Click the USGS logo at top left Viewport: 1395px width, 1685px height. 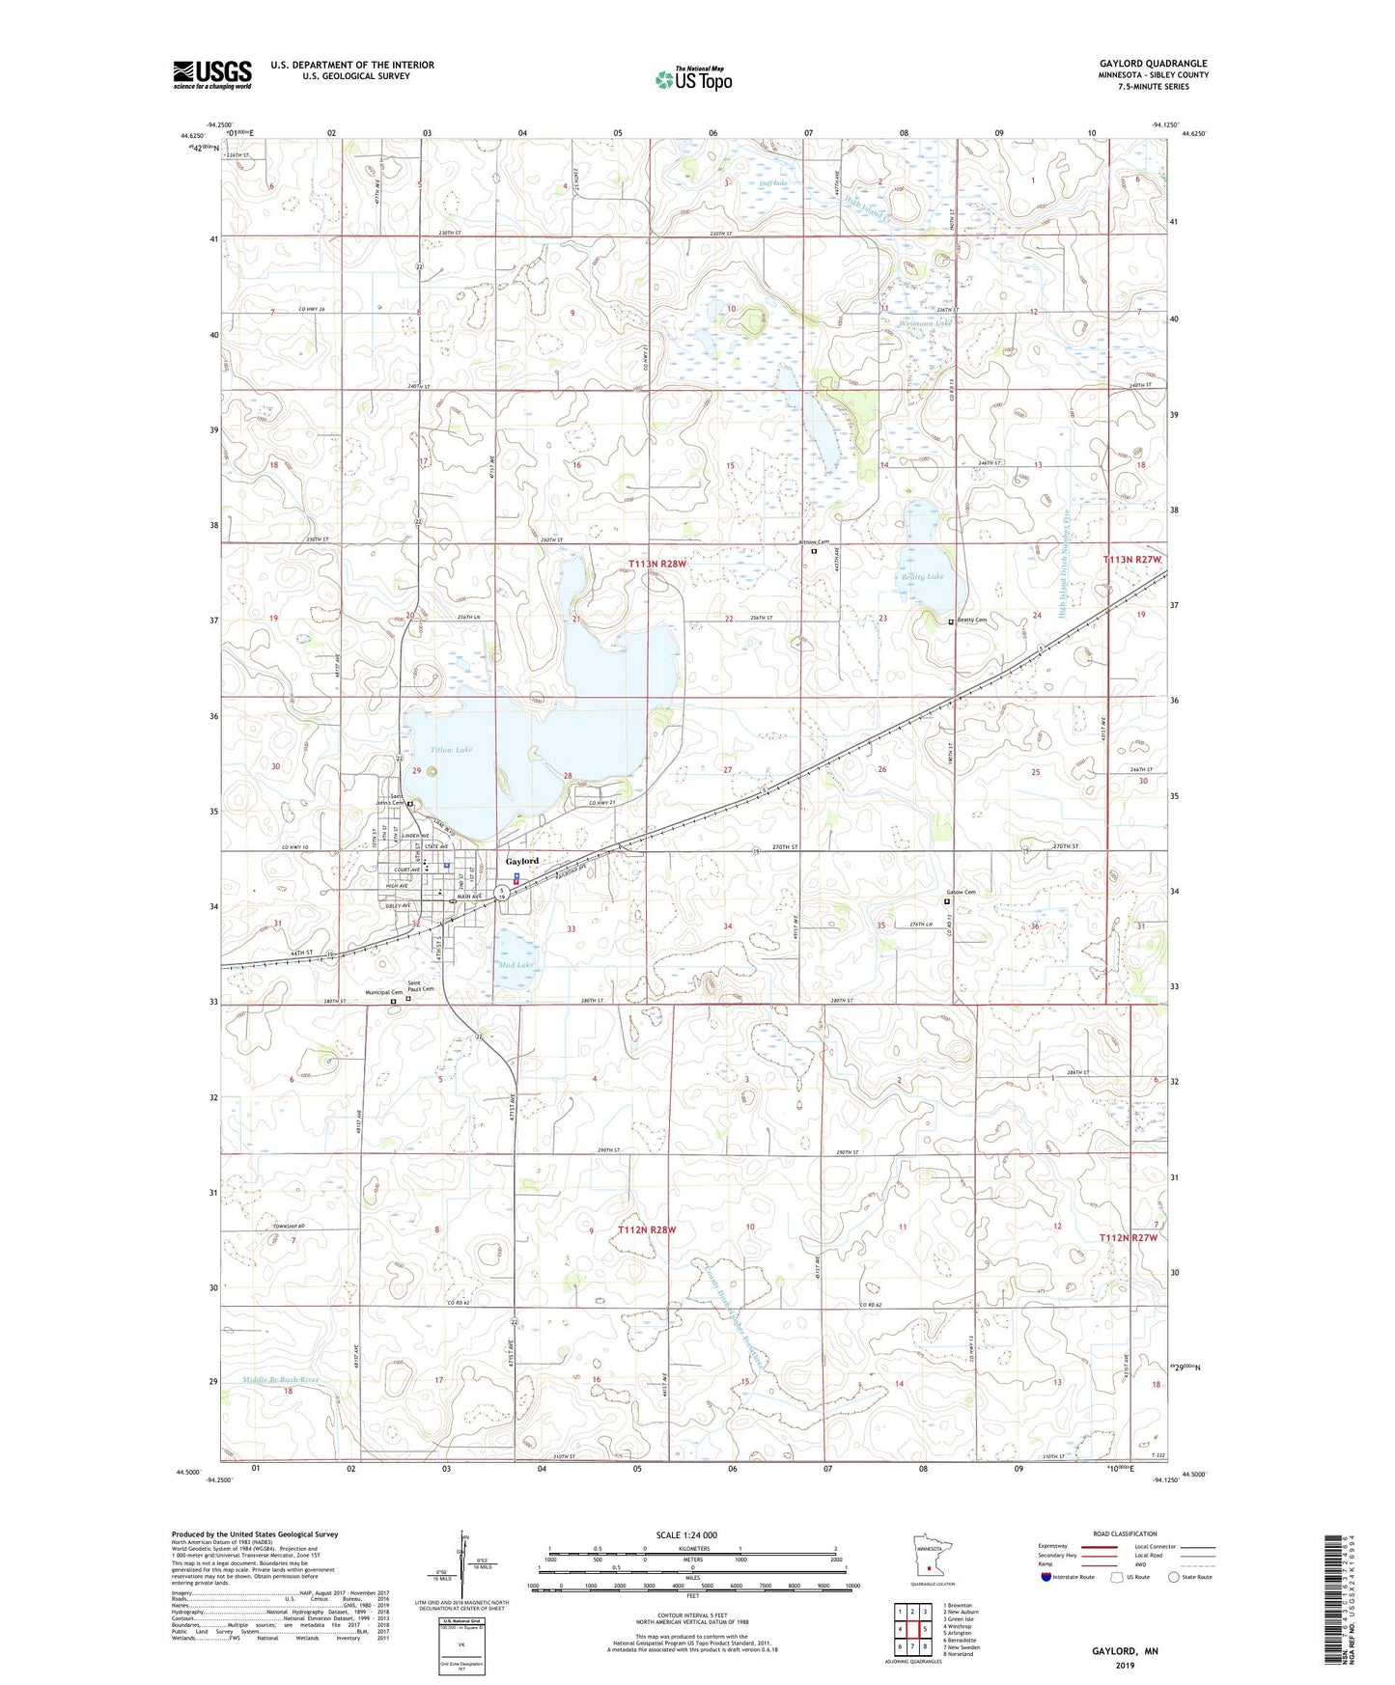pyautogui.click(x=211, y=74)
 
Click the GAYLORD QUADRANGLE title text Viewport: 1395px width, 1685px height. pyautogui.click(x=1153, y=64)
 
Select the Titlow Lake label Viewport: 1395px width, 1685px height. pyautogui.click(x=451, y=750)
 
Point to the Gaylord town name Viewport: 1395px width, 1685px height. pyautogui.click(x=522, y=860)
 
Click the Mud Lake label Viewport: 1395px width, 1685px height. pyautogui.click(x=516, y=964)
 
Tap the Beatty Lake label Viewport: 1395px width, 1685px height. pyautogui.click(x=922, y=576)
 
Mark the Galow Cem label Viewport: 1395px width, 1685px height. pyautogui.click(x=961, y=893)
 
